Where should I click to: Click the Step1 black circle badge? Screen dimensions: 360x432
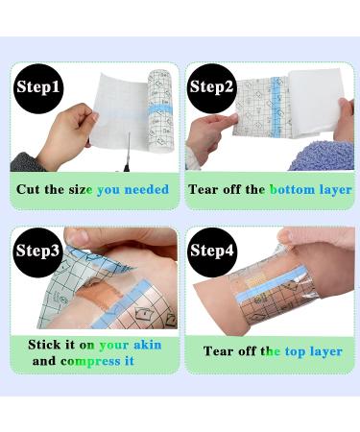38,87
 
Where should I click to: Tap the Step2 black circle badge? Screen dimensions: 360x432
211,87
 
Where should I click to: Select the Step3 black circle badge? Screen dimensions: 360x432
38,251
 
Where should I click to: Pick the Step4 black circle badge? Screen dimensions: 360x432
212,251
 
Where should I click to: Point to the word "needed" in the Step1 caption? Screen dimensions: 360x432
147,189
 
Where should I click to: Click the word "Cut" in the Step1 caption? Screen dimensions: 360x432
28,189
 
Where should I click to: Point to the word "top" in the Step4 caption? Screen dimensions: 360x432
295,352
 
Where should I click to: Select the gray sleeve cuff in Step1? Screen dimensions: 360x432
27,162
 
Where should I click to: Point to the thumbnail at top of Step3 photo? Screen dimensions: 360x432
77,236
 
